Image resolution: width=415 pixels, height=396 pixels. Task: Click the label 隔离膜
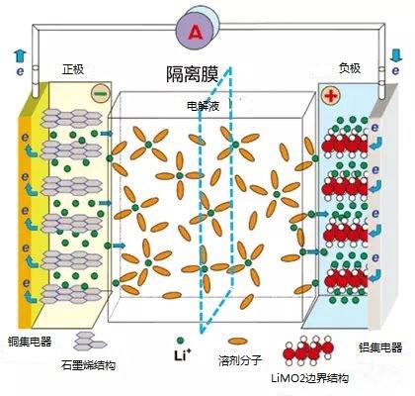tap(198, 73)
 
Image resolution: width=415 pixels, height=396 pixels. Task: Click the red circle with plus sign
tap(330, 97)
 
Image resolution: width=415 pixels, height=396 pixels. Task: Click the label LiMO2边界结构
tap(318, 377)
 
